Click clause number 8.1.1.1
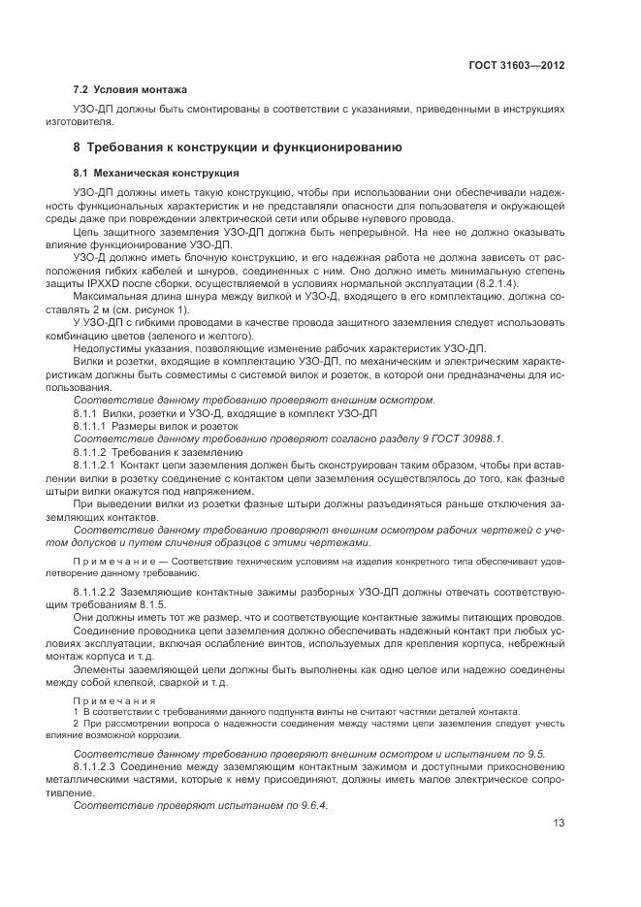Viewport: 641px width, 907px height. point(93,424)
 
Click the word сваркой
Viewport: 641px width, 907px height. point(178,682)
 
